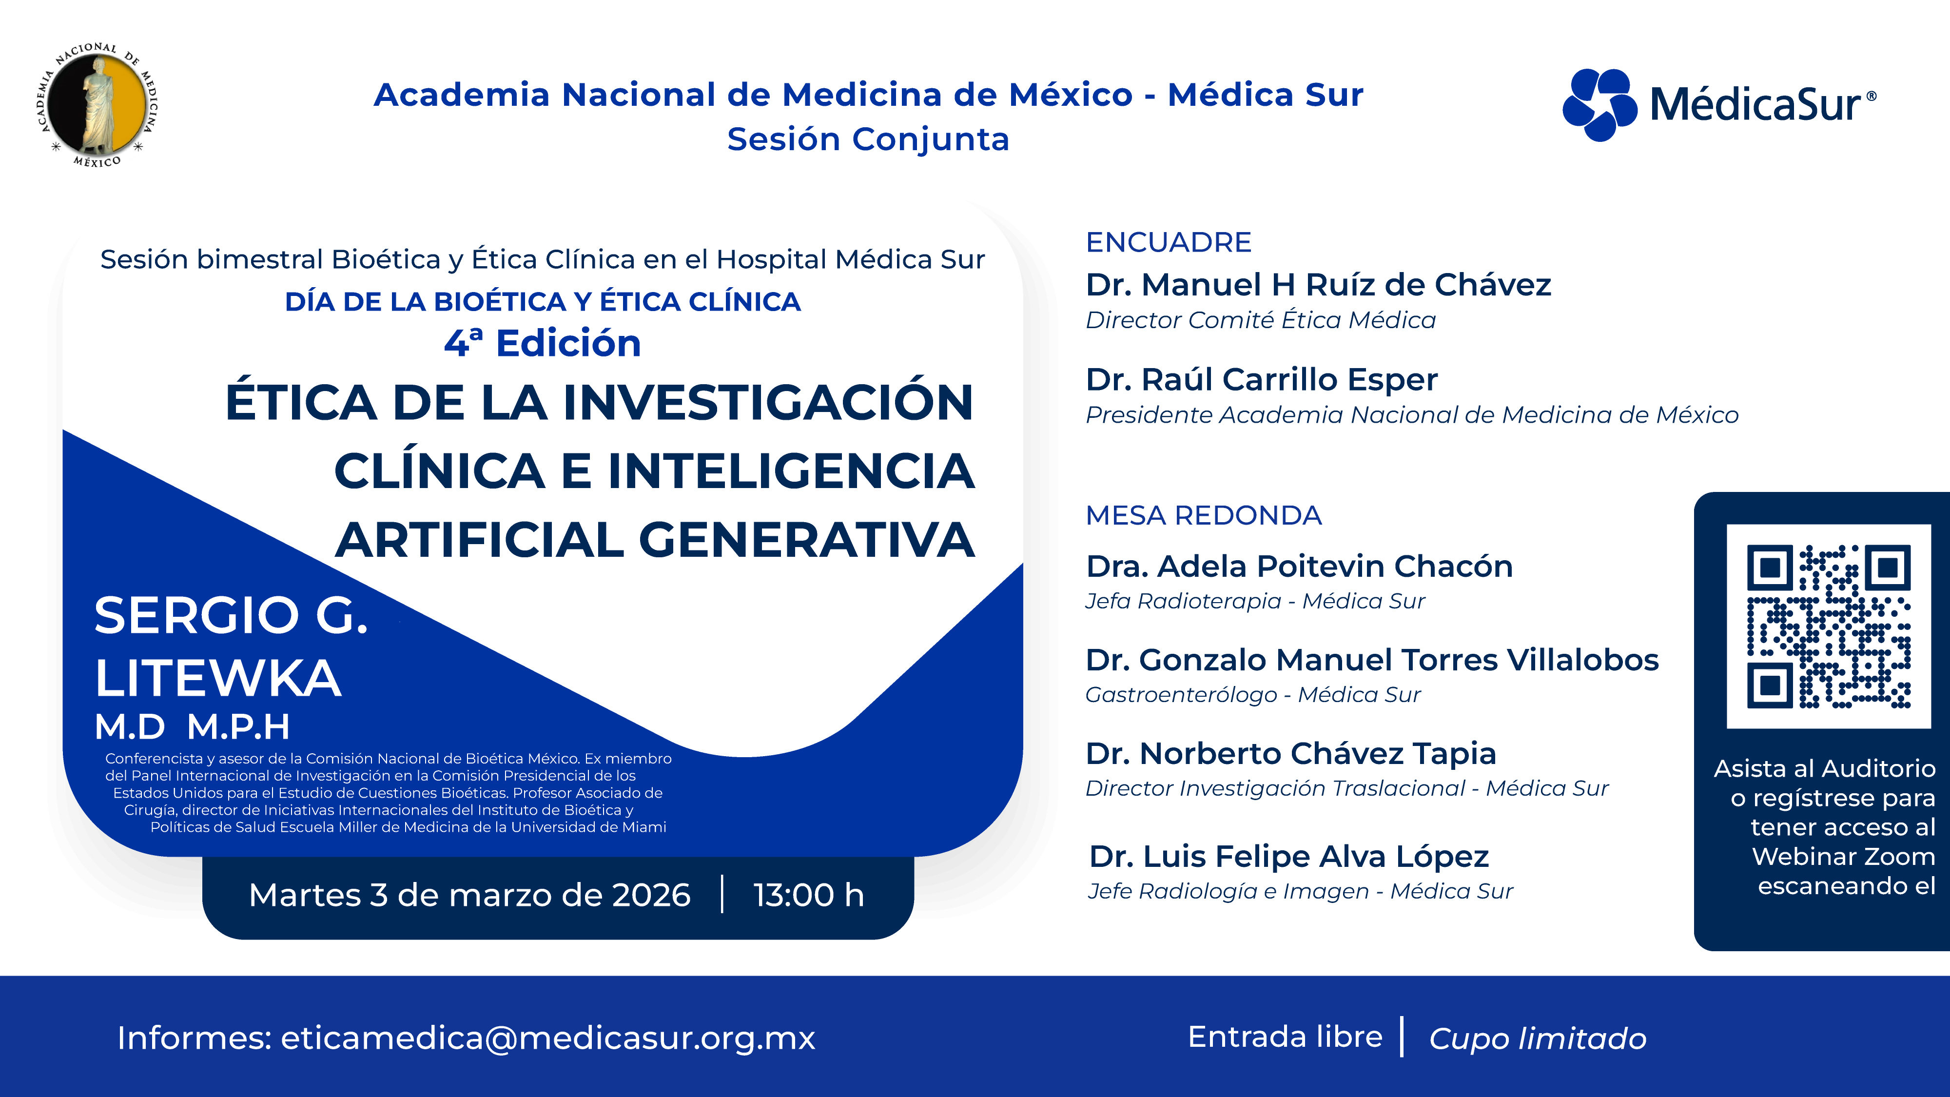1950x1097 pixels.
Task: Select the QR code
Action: (x=1828, y=626)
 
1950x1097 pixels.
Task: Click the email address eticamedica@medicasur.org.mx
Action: (x=547, y=1037)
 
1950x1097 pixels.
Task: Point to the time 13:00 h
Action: (x=808, y=895)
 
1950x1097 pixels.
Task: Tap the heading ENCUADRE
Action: (x=1168, y=242)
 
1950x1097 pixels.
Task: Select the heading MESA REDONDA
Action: (x=1203, y=515)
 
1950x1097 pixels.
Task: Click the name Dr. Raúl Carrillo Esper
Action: (x=1261, y=379)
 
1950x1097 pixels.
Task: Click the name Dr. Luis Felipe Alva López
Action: (x=1288, y=856)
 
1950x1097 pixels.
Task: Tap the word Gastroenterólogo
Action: (x=1180, y=694)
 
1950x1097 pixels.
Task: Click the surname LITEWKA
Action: (x=218, y=678)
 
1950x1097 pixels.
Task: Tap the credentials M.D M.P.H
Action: (x=192, y=727)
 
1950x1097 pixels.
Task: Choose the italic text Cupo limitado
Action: (x=1538, y=1038)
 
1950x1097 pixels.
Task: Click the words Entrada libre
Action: (x=1285, y=1037)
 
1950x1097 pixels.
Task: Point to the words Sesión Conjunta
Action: (x=868, y=139)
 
